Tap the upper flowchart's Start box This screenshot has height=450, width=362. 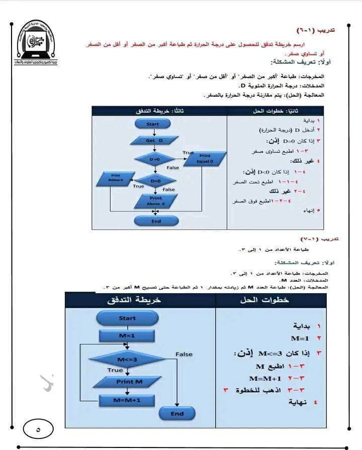(153, 124)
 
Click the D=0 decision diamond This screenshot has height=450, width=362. (154, 159)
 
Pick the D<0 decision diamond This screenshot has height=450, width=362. (155, 181)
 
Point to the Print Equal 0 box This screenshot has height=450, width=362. (205, 159)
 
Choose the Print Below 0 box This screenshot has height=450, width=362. (116, 177)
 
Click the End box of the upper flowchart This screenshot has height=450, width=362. (156, 221)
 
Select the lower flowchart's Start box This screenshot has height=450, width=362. (127, 318)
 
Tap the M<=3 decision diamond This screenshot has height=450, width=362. (127, 360)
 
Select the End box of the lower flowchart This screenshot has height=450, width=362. (177, 414)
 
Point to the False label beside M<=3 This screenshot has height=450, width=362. (184, 354)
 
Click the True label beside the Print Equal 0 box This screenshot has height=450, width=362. (188, 152)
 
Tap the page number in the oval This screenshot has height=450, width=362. (39, 430)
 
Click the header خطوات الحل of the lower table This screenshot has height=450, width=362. (272, 300)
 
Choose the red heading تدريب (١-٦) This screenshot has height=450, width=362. (317, 30)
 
